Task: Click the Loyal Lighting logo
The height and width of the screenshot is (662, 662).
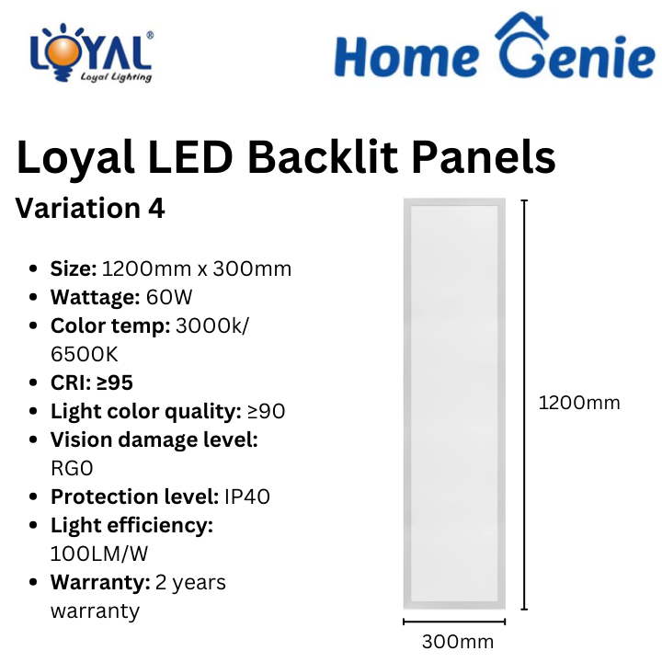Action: (x=91, y=52)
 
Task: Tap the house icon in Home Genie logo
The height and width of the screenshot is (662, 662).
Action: (x=522, y=26)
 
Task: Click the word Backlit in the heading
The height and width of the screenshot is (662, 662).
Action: (x=323, y=157)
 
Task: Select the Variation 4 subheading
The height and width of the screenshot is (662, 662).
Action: (x=90, y=208)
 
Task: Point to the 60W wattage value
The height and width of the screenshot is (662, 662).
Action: (x=169, y=297)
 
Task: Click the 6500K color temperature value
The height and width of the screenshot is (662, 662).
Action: (x=84, y=354)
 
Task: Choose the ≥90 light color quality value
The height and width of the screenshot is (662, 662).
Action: (x=266, y=411)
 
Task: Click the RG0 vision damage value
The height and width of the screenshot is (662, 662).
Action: (x=72, y=468)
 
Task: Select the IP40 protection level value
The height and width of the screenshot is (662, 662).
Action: (x=247, y=496)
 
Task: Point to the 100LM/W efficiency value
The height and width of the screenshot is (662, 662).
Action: (x=99, y=554)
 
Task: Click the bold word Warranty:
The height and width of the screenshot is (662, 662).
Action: (x=100, y=582)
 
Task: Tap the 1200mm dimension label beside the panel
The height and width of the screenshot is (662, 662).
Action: (x=579, y=403)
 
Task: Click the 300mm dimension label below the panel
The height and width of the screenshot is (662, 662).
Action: (x=458, y=642)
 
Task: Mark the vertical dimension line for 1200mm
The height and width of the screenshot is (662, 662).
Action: (x=524, y=405)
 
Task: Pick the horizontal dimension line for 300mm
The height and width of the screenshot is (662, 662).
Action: (x=454, y=622)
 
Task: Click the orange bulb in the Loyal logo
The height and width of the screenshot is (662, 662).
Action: (x=63, y=53)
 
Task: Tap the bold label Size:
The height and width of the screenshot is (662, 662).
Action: (x=74, y=268)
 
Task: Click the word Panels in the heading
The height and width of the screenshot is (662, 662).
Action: (x=484, y=157)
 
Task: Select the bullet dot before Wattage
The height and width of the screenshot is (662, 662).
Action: (x=33, y=297)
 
